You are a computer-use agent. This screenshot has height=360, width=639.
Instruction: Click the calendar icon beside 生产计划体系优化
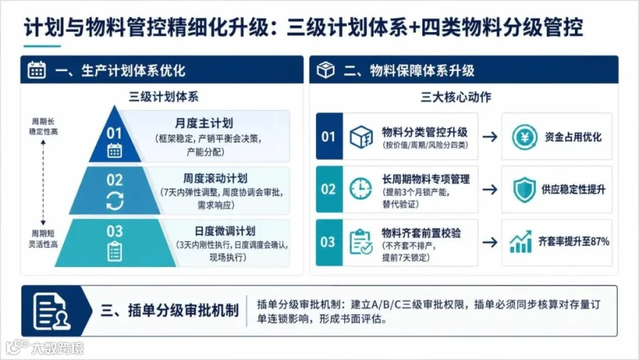[x=37, y=70]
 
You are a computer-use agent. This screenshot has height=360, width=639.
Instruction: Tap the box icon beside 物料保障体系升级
[x=326, y=70]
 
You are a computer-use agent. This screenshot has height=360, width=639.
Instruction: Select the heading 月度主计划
[x=204, y=123]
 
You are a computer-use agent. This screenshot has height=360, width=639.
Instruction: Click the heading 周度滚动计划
[x=215, y=178]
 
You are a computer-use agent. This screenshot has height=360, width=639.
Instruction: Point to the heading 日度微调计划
[x=225, y=231]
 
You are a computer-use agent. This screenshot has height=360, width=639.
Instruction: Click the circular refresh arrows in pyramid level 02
[x=114, y=200]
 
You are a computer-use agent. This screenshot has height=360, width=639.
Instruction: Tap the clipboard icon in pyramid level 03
[x=114, y=251]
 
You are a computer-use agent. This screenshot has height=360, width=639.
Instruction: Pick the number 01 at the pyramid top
[x=114, y=133]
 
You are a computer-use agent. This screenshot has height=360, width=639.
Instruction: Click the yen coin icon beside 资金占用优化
[x=525, y=137]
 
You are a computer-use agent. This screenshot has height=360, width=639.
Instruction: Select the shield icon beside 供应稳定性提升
[x=524, y=190]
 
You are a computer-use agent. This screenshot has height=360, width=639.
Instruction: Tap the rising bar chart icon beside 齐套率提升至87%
[x=521, y=241]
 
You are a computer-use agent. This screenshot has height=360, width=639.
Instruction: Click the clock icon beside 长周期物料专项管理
[x=361, y=189]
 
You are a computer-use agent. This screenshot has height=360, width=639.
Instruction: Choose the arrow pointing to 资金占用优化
[x=490, y=136]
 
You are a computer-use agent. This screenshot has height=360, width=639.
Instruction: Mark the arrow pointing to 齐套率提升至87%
[x=490, y=242]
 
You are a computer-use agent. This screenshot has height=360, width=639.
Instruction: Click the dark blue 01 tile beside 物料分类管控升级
[x=329, y=136]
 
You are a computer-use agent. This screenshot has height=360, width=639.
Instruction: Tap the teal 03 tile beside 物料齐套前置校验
[x=329, y=242]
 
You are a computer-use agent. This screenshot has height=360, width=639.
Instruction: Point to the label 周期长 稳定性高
[x=43, y=126]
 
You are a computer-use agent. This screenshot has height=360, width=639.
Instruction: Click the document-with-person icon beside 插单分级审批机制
[x=52, y=312]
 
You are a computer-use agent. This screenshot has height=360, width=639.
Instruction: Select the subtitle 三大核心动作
[x=456, y=97]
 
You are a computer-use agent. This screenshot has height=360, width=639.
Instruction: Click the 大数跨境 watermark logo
[x=45, y=348]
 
